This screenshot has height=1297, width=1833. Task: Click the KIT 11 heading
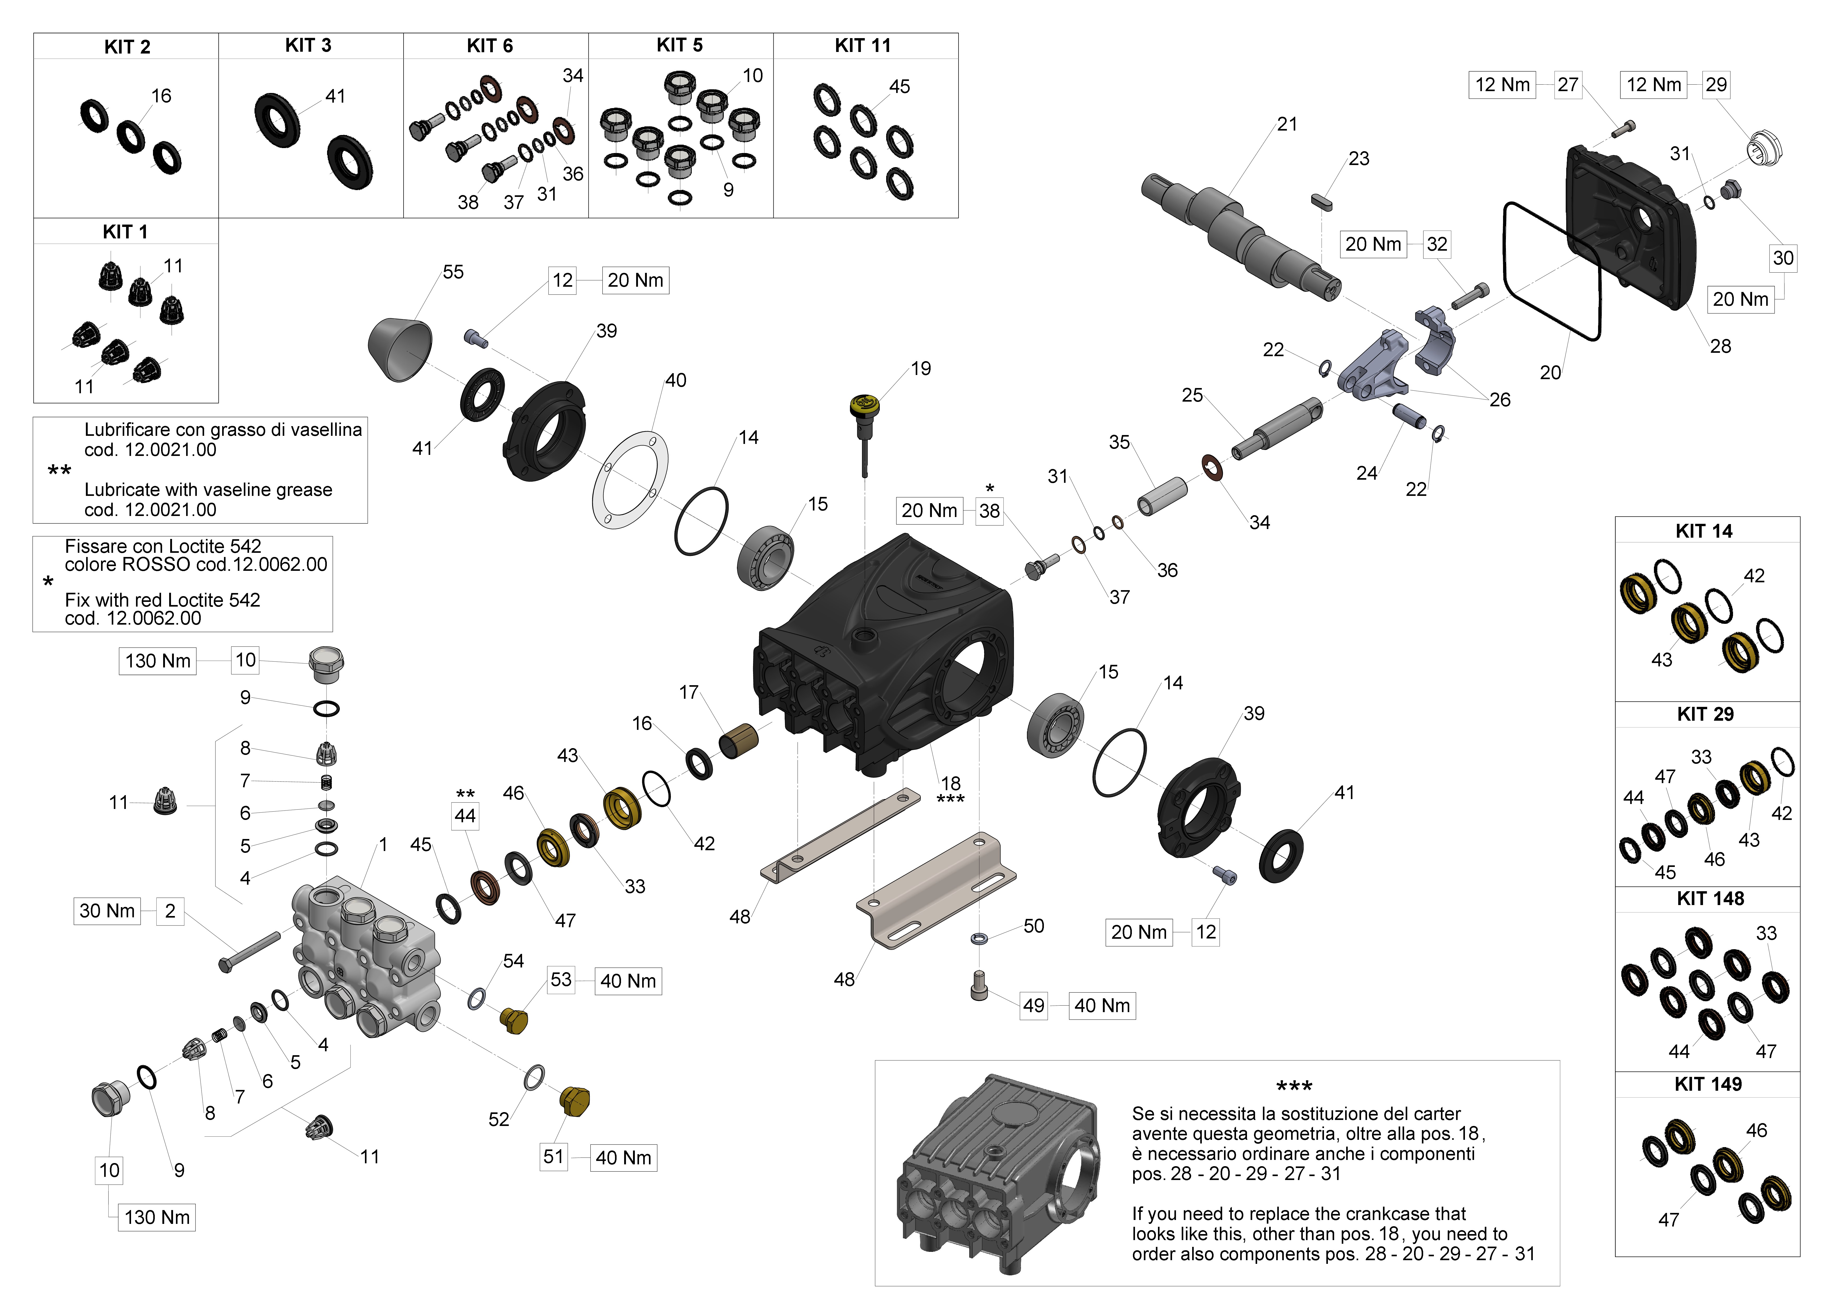click(x=862, y=45)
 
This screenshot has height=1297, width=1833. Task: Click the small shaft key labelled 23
click(x=1321, y=201)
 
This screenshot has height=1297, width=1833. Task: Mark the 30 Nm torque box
click(x=107, y=911)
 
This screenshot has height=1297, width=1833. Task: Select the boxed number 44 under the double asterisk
click(x=465, y=815)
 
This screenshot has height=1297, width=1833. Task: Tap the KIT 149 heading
click(x=1708, y=1084)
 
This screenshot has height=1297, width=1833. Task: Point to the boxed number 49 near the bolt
click(x=1033, y=1006)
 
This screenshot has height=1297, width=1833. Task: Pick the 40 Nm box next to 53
click(x=628, y=981)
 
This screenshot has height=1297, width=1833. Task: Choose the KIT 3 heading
click(x=308, y=45)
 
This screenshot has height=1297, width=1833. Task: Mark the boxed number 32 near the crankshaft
click(x=1436, y=244)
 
